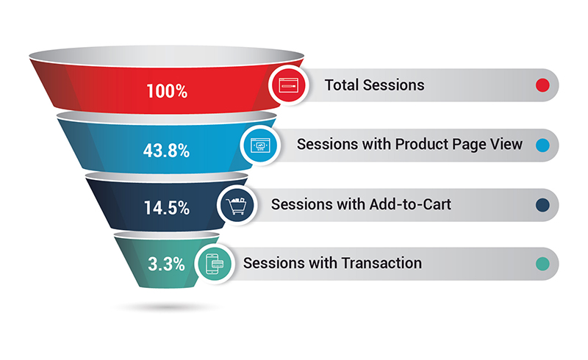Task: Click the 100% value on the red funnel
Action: point(167,91)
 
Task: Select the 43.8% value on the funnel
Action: point(166,151)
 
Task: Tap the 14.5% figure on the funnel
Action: point(167,208)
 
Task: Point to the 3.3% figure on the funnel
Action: point(166,264)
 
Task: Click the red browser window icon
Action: point(289,85)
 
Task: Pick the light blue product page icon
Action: point(260,145)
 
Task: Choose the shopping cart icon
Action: point(237,206)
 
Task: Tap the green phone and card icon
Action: point(215,264)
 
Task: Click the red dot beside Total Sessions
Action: point(542,85)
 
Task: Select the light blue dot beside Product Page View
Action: point(542,145)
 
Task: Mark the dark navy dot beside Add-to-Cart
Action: point(542,205)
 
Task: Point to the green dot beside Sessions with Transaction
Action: point(542,264)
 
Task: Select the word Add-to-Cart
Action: point(410,204)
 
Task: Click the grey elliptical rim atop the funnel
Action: point(167,57)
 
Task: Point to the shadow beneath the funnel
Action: point(167,308)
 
